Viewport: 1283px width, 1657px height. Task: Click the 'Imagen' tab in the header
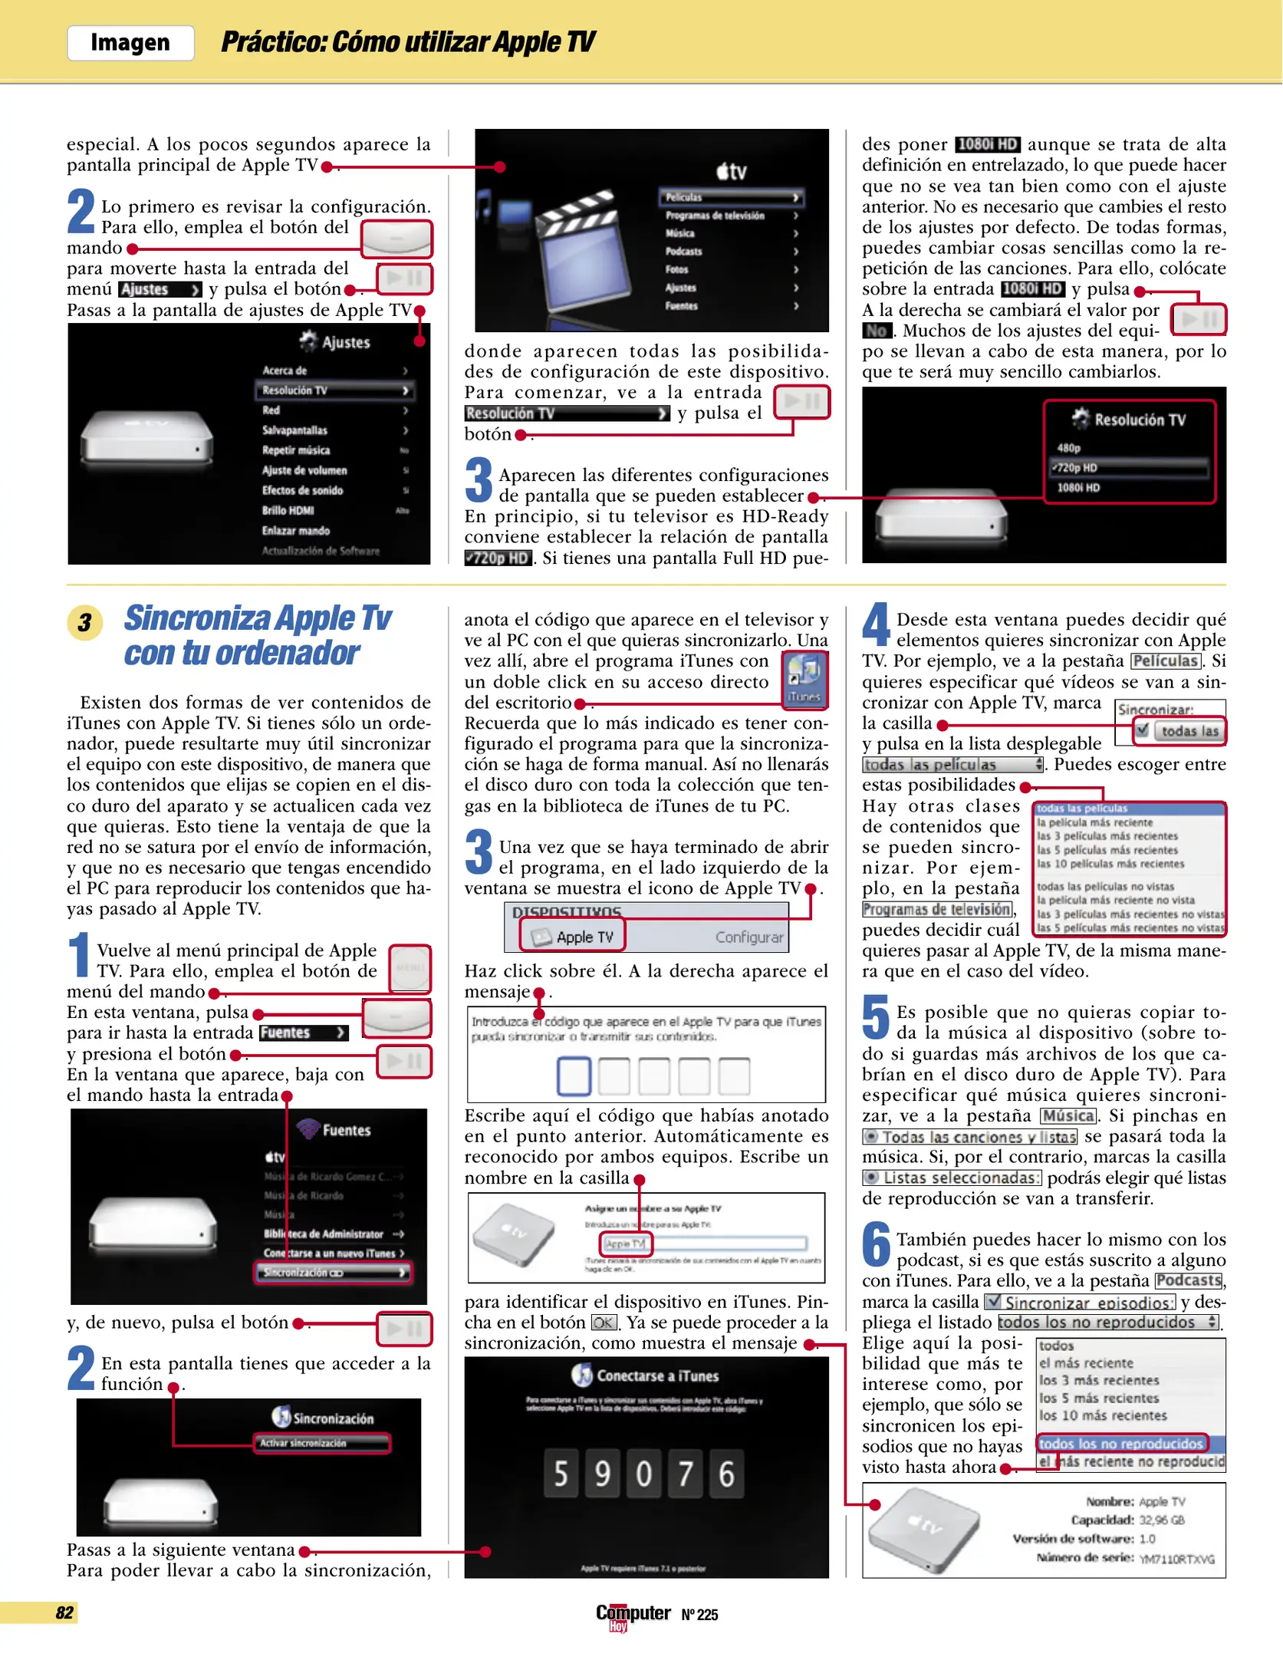tap(130, 43)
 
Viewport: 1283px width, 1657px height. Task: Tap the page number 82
tap(64, 1612)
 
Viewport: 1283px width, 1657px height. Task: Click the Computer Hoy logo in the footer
tap(633, 1613)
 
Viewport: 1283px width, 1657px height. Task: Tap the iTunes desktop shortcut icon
tap(804, 677)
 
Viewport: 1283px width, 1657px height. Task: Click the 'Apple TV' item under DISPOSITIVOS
tap(574, 937)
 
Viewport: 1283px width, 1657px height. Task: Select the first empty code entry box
tap(574, 1076)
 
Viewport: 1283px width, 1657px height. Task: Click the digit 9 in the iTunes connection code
tap(603, 1474)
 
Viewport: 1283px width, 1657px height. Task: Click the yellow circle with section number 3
tap(84, 622)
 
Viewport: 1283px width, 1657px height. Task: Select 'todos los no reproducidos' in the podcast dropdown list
tap(1120, 1444)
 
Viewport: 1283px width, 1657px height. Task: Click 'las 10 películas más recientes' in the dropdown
tap(1110, 864)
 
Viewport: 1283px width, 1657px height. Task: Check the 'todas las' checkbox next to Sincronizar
tap(1142, 730)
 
